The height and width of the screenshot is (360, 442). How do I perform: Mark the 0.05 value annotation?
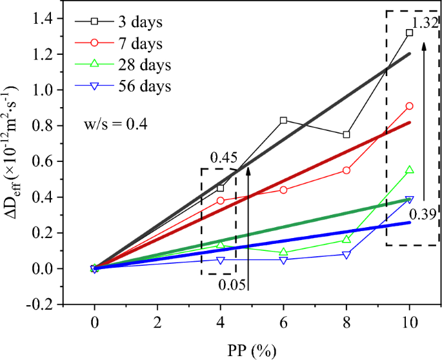pos(231,285)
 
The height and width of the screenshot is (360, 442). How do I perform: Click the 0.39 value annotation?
pos(424,214)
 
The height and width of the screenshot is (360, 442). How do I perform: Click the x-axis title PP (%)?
pos(252,350)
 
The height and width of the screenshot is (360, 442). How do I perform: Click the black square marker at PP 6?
pos(283,121)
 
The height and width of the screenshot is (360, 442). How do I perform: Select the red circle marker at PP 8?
pos(347,170)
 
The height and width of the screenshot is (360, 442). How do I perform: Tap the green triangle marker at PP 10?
pos(409,170)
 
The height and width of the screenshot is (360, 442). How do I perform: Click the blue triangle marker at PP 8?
pos(347,255)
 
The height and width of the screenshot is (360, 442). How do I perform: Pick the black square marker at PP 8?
pos(347,135)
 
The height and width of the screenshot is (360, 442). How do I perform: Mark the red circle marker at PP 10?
pos(409,106)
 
